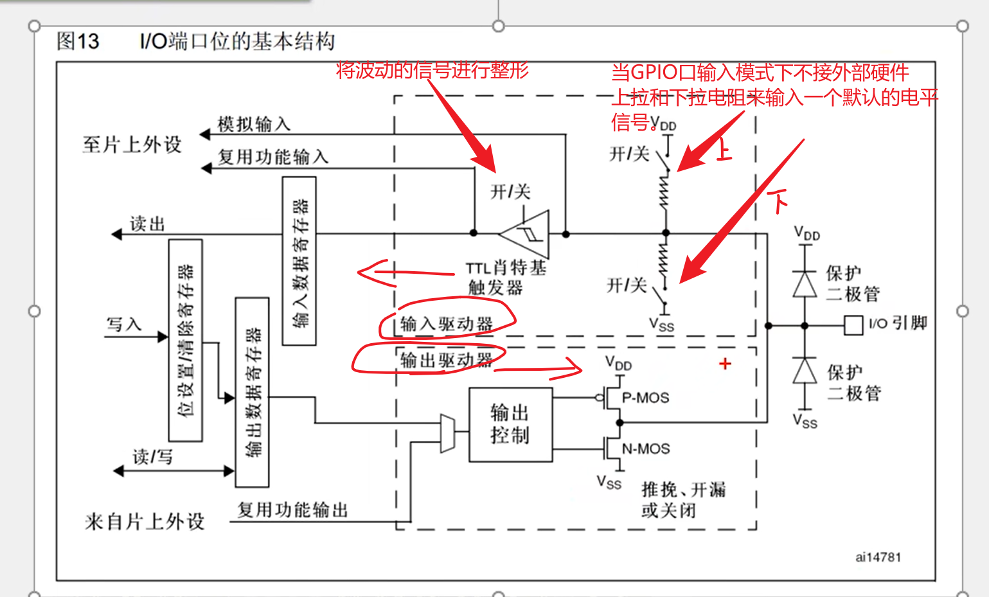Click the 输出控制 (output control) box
510,424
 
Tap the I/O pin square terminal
853,325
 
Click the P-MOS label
645,398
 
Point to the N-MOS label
646,449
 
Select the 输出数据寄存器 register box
252,392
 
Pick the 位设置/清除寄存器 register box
185,340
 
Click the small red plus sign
725,364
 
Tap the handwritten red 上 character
722,150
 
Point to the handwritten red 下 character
778,200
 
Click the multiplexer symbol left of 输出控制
447,433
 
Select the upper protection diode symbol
805,283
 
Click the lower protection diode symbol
805,371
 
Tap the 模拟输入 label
254,124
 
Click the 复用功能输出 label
292,510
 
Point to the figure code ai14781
878,557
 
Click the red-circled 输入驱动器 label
446,324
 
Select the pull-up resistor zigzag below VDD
664,191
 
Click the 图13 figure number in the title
78,42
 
